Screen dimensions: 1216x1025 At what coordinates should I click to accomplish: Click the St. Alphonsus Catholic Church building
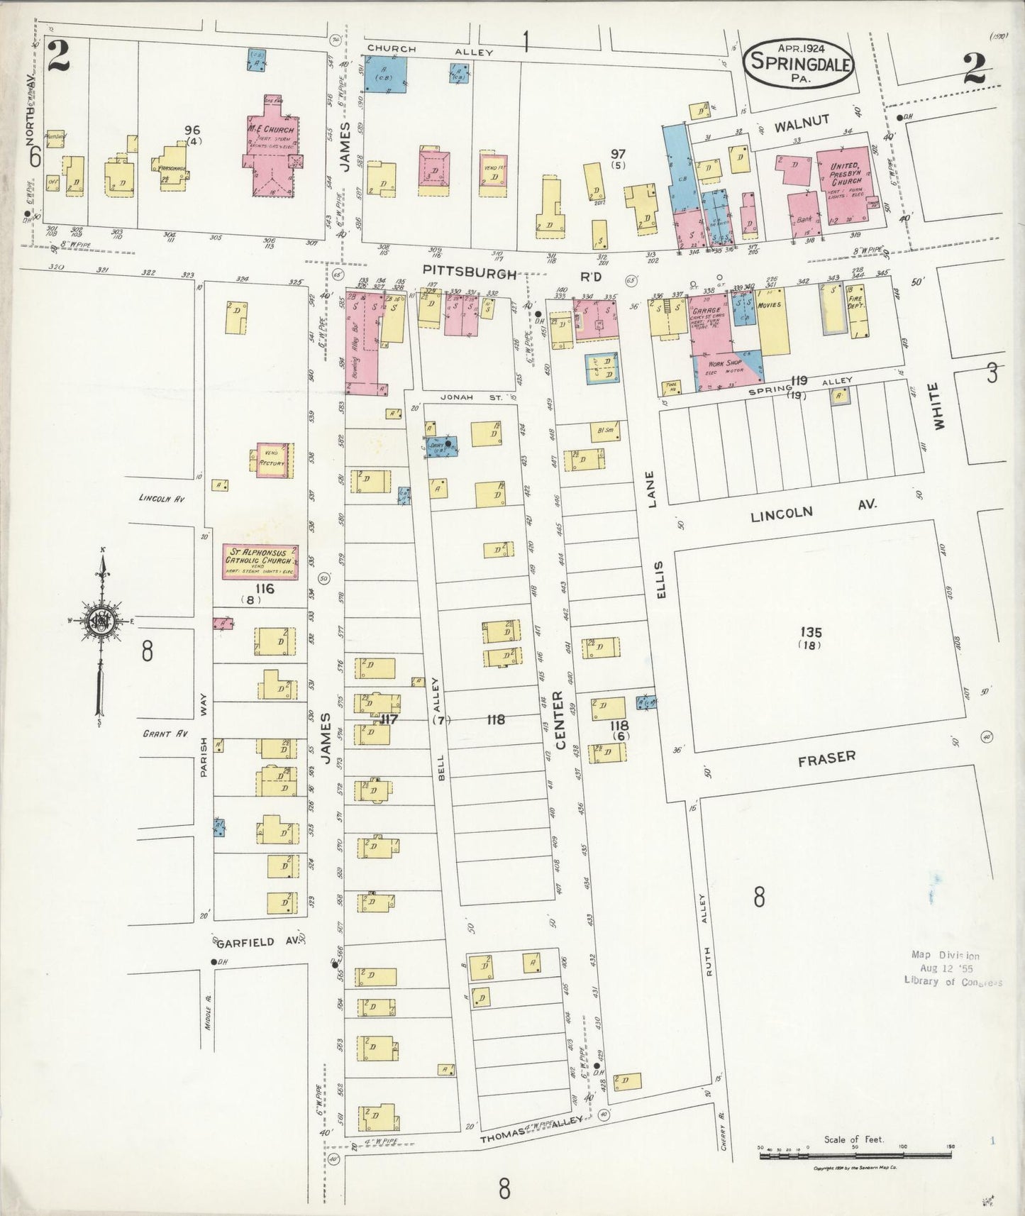pos(260,562)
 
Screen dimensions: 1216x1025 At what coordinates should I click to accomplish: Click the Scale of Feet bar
pos(855,1156)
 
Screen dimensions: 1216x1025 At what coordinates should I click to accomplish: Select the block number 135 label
pos(810,633)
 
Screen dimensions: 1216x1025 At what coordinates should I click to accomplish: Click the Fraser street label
pos(827,758)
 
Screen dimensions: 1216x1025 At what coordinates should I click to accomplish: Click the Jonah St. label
pos(461,397)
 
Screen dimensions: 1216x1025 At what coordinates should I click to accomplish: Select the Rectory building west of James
pos(272,461)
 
